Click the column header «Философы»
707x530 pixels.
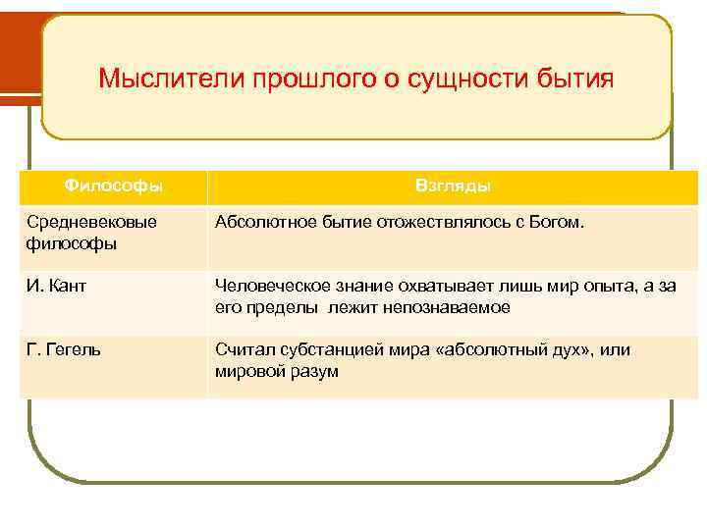pos(114,185)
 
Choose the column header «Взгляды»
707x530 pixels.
pos(454,185)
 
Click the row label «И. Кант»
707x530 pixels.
pos(55,286)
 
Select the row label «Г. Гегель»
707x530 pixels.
pos(63,349)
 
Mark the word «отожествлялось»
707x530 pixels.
pos(436,223)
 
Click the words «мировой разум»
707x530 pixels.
pos(277,372)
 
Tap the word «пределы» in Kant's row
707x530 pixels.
pos(276,307)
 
